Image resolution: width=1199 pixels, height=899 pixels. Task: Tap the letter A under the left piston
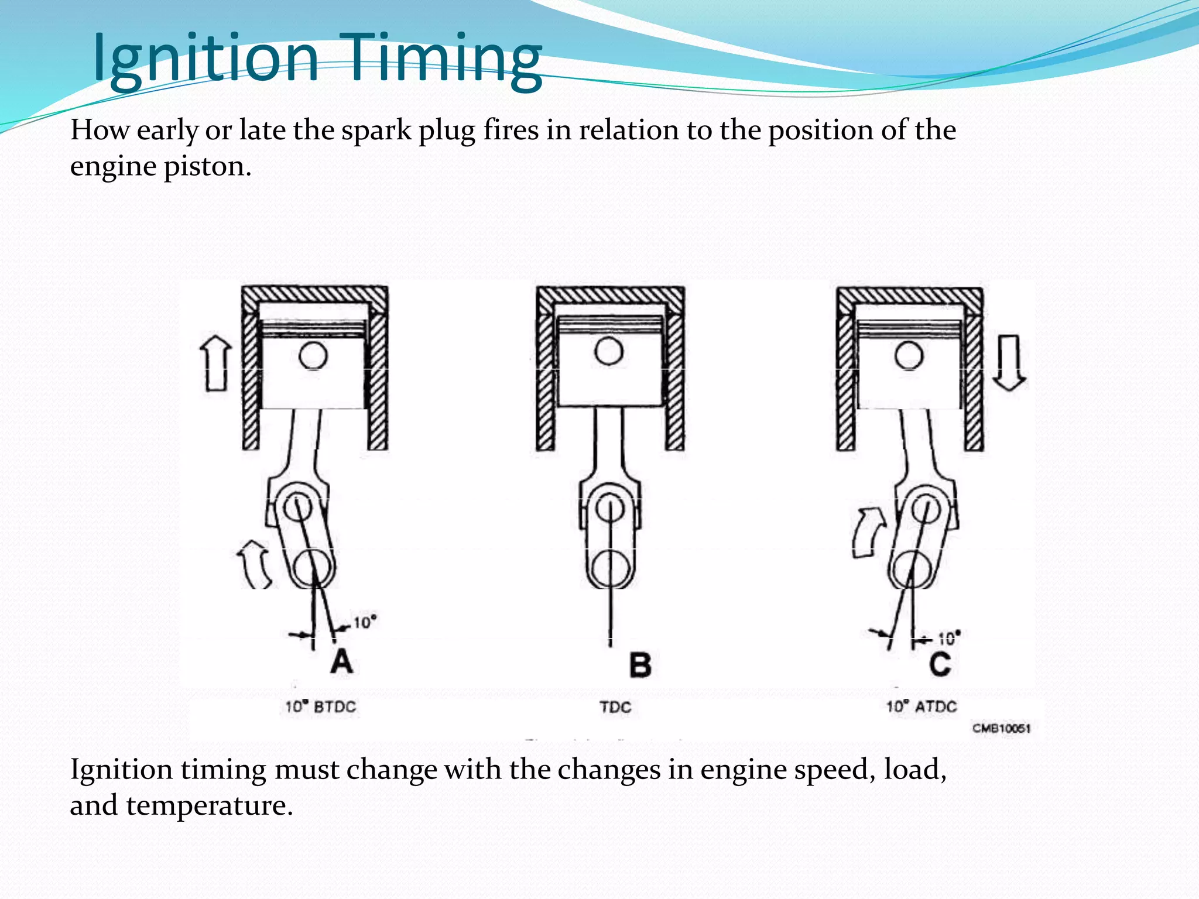tap(341, 662)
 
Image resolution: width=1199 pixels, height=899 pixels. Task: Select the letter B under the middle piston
tap(640, 665)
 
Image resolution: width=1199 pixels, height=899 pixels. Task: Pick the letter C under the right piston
tap(940, 664)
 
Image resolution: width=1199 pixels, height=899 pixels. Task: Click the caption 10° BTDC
tap(320, 706)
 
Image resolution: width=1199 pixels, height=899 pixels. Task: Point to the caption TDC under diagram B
tap(615, 707)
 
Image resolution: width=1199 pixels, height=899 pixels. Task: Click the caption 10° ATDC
tap(921, 706)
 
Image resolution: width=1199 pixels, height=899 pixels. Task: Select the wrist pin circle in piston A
tap(313, 355)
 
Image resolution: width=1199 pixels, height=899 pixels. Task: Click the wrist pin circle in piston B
tap(609, 351)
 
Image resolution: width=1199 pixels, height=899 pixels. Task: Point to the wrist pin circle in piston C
tap(909, 355)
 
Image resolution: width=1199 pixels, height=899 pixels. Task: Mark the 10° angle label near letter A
tap(364, 622)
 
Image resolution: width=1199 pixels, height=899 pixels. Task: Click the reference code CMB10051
tap(1001, 729)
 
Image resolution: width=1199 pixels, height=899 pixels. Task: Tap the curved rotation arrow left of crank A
tap(255, 563)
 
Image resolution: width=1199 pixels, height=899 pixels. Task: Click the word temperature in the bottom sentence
tap(208, 806)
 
